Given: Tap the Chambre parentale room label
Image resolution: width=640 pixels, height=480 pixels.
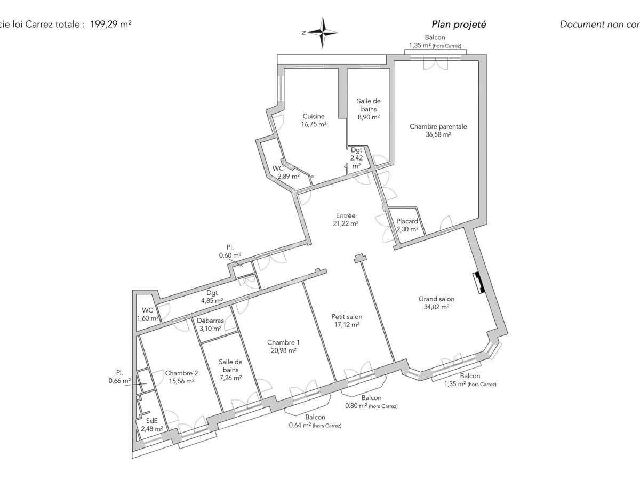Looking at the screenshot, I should (438, 131).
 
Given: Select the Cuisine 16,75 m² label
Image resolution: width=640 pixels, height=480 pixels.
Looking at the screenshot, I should (314, 120).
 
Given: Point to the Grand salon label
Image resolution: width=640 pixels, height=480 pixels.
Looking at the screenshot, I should (436, 303).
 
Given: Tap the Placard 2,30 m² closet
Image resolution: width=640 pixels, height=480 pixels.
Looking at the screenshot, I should (407, 225).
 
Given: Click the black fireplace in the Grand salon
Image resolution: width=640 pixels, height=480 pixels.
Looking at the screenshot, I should (478, 283).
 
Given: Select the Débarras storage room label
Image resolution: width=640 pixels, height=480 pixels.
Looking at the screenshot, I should (210, 325).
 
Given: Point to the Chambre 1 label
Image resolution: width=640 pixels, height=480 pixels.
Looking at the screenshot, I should (283, 346).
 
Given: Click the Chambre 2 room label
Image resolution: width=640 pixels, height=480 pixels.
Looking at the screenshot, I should (179, 377).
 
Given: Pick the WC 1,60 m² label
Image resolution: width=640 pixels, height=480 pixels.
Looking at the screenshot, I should (148, 314).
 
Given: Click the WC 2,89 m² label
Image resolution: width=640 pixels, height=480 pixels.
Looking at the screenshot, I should (286, 172).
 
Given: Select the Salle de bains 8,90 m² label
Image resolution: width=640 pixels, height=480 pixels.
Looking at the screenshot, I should (368, 109).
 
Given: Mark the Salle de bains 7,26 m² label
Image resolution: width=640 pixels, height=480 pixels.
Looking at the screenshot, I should (230, 370).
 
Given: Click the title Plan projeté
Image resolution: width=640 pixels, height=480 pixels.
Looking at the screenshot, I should (459, 25).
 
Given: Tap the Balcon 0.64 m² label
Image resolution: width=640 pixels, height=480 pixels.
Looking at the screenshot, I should (315, 421).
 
